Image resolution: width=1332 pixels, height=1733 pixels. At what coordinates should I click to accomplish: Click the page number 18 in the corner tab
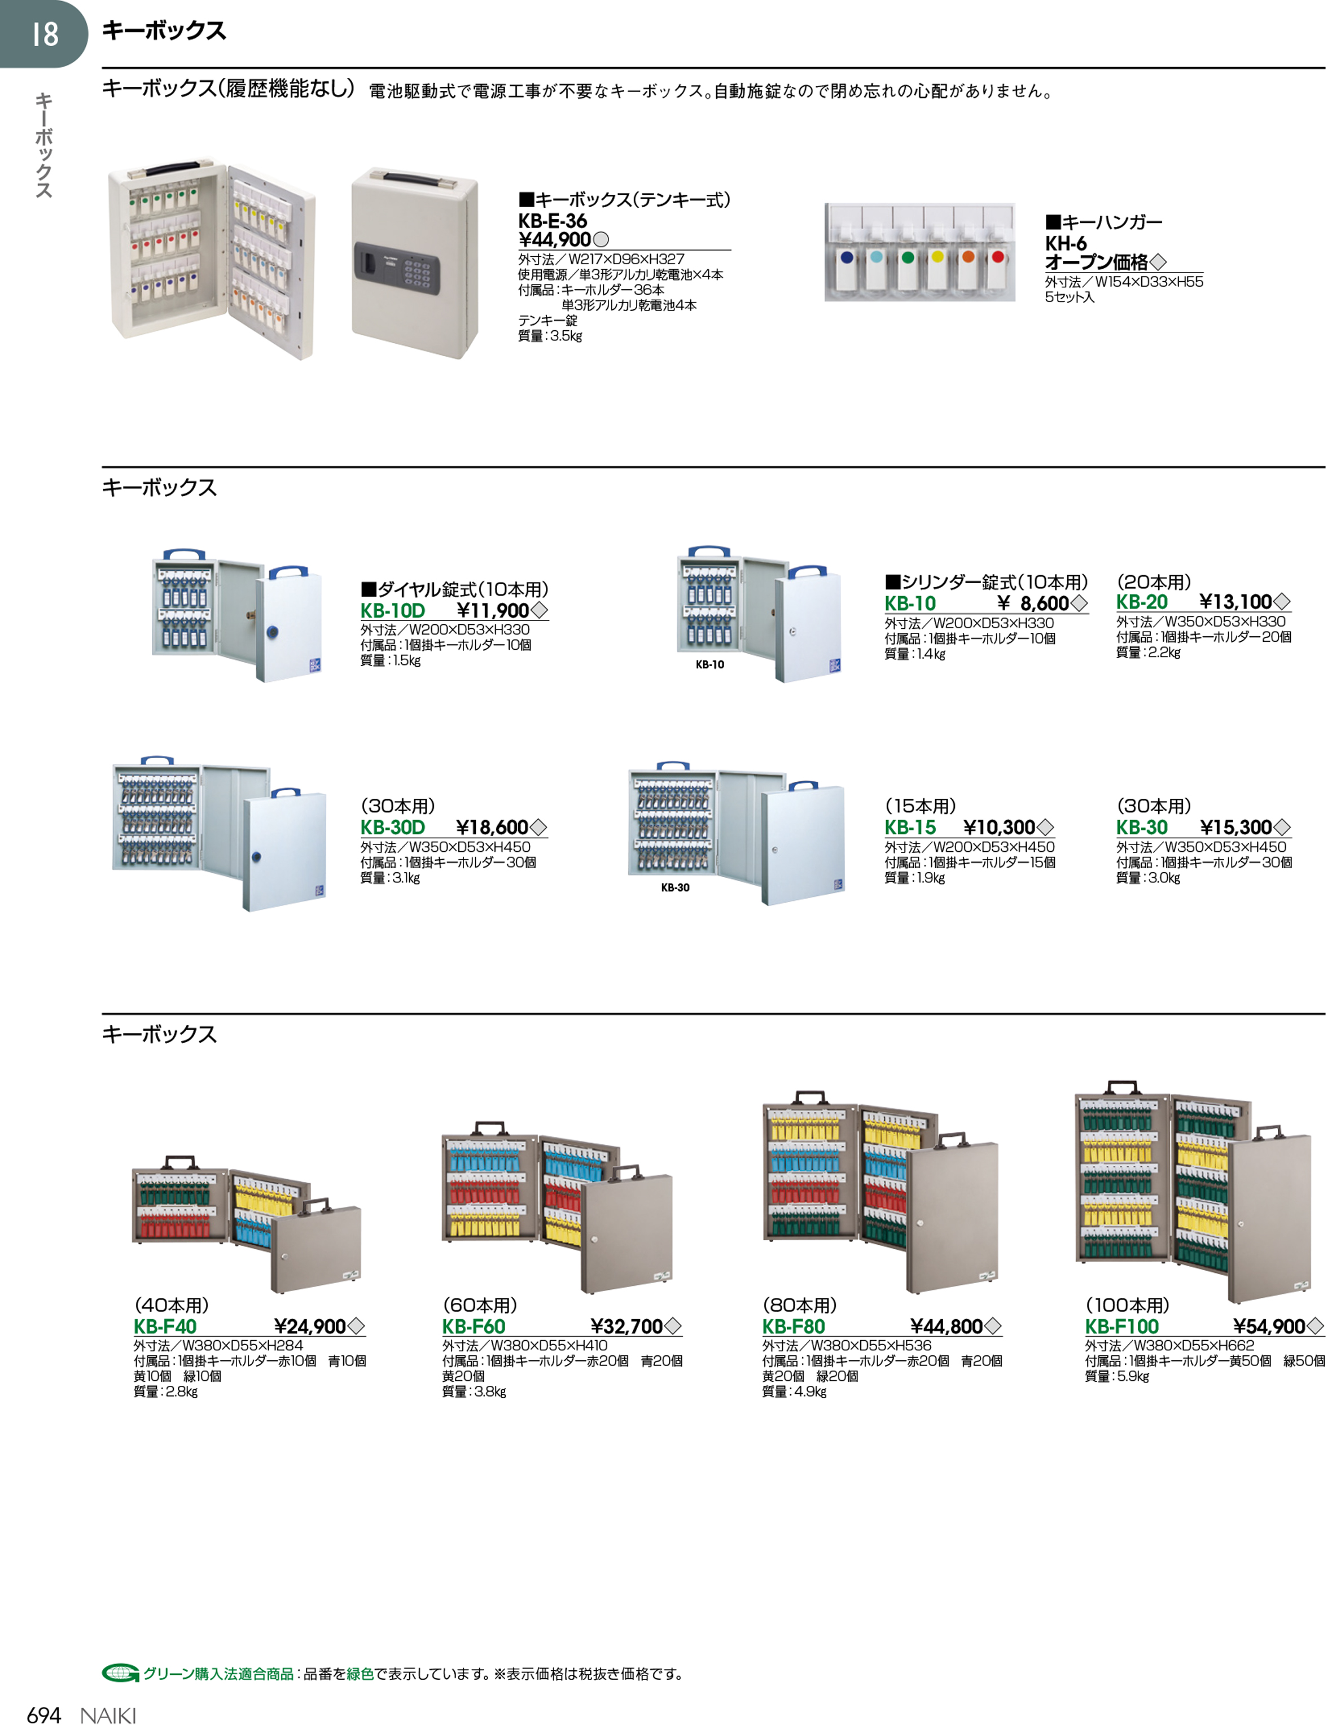coord(45,34)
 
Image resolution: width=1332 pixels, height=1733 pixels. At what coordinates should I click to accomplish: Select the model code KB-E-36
coord(553,221)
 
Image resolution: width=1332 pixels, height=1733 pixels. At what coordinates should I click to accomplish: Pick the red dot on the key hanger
coord(998,257)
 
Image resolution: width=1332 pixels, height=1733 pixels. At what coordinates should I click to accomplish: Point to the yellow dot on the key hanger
coord(938,257)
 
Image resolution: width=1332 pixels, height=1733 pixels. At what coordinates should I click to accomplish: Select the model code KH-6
coord(1065,243)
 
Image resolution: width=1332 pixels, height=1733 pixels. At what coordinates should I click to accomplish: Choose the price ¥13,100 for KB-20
coord(1235,602)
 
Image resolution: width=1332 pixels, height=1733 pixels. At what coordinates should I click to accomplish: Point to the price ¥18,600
coord(492,827)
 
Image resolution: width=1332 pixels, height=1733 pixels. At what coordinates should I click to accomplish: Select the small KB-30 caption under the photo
coord(674,887)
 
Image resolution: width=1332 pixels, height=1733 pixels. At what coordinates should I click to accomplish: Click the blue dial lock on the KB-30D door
coord(256,856)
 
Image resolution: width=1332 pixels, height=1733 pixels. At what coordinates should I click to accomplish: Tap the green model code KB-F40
coord(165,1327)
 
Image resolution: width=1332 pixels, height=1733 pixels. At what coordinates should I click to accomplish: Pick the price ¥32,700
coord(626,1327)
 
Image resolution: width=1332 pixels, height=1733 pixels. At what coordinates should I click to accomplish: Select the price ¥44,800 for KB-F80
coord(946,1327)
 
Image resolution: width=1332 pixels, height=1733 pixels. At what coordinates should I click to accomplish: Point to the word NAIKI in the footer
coord(108,1717)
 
